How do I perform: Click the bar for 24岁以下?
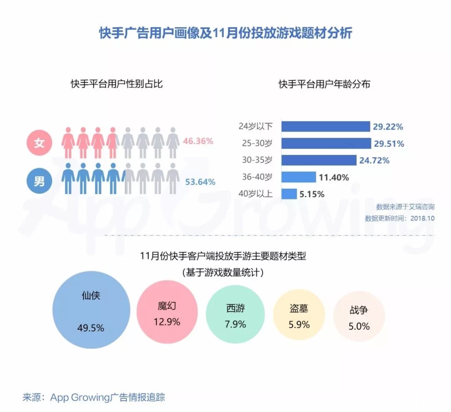point(326,126)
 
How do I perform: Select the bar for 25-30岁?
point(326,144)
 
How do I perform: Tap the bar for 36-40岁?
point(299,177)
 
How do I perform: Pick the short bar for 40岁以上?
point(289,194)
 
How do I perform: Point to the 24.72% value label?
point(375,160)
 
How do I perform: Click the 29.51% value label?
point(389,144)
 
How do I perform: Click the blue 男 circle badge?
point(39,182)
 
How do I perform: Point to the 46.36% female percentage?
point(198,141)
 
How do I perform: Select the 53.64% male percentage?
point(200,182)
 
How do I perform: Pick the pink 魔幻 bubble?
point(167,314)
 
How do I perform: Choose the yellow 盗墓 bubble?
point(299,316)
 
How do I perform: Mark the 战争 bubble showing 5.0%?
point(359,317)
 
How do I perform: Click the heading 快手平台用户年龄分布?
point(324,84)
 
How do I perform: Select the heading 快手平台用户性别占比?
point(117,84)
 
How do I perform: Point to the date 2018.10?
point(423,218)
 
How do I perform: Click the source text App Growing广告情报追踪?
point(108,397)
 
